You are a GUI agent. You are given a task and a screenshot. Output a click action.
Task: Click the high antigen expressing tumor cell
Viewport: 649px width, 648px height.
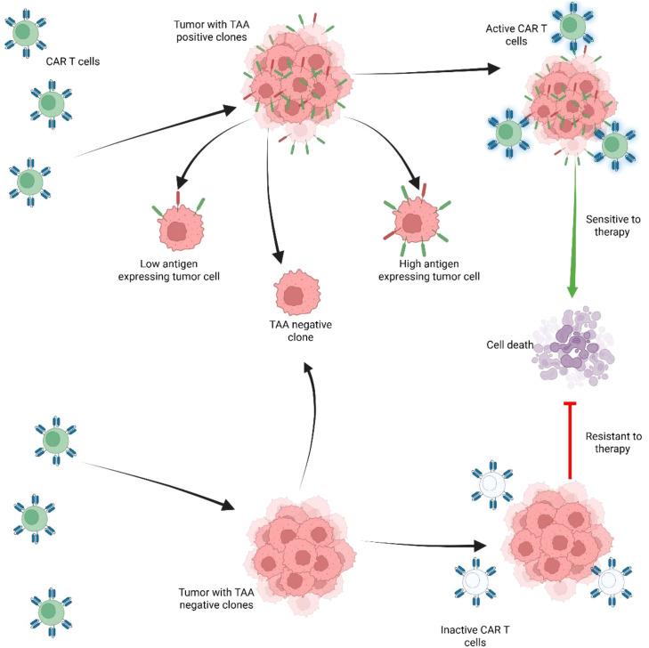[412, 223]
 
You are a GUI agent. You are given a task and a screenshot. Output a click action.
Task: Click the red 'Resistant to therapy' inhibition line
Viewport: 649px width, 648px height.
[571, 435]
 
